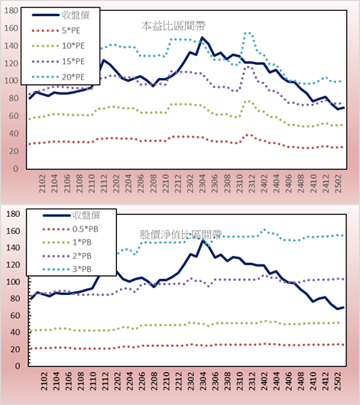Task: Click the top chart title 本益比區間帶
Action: pos(174,26)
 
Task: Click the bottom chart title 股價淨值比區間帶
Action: pos(180,235)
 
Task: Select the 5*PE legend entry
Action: pos(56,31)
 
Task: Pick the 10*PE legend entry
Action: pos(58,46)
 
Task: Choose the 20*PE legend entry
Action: pos(58,77)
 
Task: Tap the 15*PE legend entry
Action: pos(58,61)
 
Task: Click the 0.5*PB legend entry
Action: pos(70,229)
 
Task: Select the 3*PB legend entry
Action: pos(67,269)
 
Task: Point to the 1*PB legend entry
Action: pos(67,242)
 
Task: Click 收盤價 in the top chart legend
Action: pos(60,15)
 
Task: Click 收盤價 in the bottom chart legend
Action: pos(71,215)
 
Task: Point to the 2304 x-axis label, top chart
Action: pos(202,183)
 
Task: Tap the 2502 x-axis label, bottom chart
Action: pos(338,381)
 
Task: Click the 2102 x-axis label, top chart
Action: pos(42,183)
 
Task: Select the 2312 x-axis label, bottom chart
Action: pos(251,381)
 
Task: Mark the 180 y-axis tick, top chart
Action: pos(11,11)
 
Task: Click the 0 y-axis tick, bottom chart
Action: pos(18,366)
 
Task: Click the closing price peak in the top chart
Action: pos(202,37)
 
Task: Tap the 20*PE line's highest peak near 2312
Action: pos(247,33)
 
